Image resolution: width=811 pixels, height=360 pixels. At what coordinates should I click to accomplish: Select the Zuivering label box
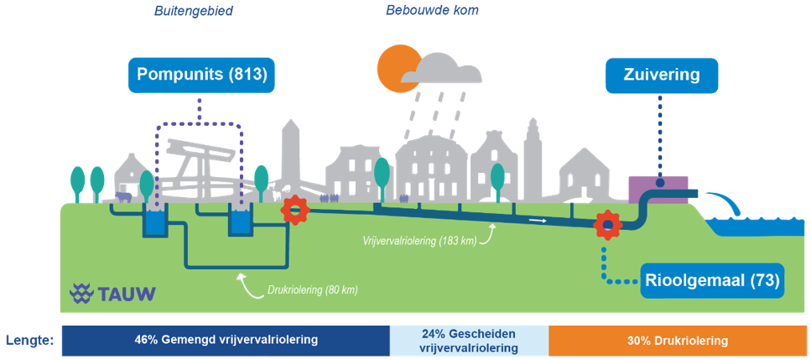pyautogui.click(x=661, y=75)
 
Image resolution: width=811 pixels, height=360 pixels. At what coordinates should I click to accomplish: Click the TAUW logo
pyautogui.click(x=112, y=293)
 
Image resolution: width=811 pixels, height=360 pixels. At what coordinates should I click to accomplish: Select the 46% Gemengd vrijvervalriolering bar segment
pyautogui.click(x=226, y=341)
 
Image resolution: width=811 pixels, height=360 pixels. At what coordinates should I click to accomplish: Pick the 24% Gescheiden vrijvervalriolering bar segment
pyautogui.click(x=469, y=341)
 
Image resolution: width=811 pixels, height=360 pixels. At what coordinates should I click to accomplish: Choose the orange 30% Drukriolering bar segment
pyautogui.click(x=677, y=341)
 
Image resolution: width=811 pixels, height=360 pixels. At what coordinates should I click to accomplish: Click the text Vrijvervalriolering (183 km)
pyautogui.click(x=419, y=241)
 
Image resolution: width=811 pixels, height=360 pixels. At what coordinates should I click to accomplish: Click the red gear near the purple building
pyautogui.click(x=607, y=224)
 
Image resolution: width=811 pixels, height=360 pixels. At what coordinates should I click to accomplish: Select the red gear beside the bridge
pyautogui.click(x=295, y=210)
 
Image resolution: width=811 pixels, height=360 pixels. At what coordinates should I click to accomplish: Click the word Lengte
pyautogui.click(x=29, y=341)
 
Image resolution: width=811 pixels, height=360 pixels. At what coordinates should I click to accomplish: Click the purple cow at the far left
pyautogui.click(x=123, y=197)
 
